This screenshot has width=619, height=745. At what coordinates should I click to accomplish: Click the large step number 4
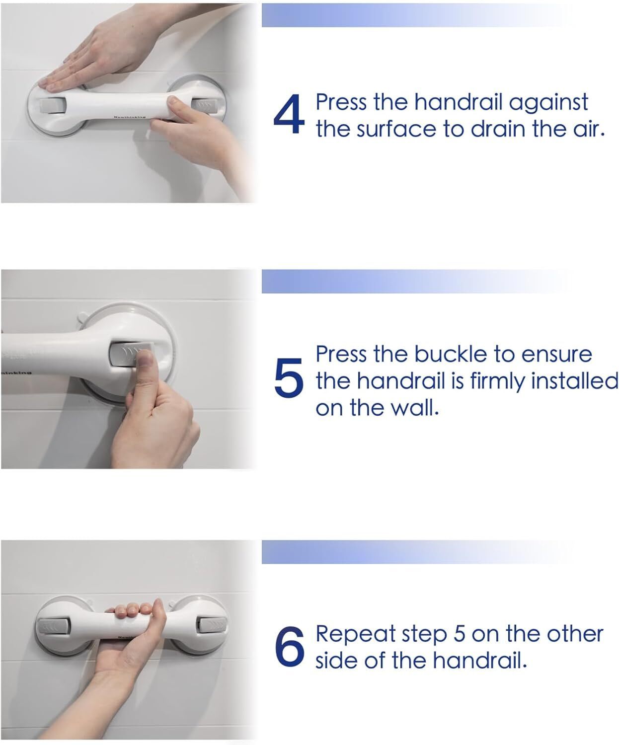tap(289, 115)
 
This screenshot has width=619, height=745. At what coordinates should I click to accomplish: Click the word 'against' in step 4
tap(548, 104)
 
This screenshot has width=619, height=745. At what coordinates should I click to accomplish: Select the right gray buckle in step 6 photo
tap(212, 624)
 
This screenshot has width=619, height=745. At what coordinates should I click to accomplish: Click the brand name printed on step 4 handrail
tap(130, 117)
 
